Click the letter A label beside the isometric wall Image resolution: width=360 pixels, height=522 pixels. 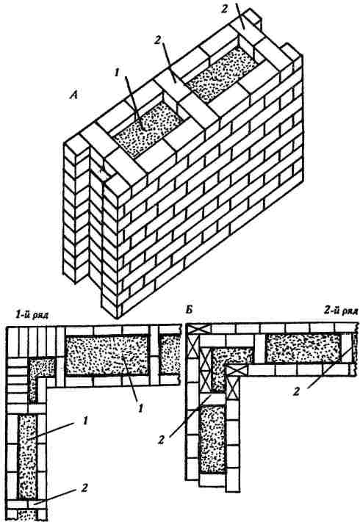(x=73, y=95)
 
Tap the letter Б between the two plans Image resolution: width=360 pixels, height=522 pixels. (x=189, y=311)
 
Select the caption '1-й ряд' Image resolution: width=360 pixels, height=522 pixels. (x=31, y=315)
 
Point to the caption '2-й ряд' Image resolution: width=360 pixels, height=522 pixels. (x=341, y=311)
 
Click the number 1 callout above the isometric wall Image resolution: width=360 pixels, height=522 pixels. (x=117, y=72)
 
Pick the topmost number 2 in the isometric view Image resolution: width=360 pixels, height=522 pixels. (x=226, y=9)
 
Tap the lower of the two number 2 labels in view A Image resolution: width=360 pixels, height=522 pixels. (x=157, y=40)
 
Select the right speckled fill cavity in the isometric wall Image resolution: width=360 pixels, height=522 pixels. (x=220, y=74)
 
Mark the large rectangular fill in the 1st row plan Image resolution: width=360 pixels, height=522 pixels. (x=107, y=355)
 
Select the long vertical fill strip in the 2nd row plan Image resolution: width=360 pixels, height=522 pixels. (x=212, y=438)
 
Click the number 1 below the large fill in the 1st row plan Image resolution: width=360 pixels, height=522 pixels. (x=140, y=407)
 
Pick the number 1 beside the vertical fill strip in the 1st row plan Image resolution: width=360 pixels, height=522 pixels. (x=85, y=421)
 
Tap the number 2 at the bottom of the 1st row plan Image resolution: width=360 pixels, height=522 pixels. (x=84, y=488)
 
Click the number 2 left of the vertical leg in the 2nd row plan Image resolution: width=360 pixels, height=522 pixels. (x=162, y=440)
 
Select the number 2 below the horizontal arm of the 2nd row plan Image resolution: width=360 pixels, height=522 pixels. (x=296, y=392)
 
